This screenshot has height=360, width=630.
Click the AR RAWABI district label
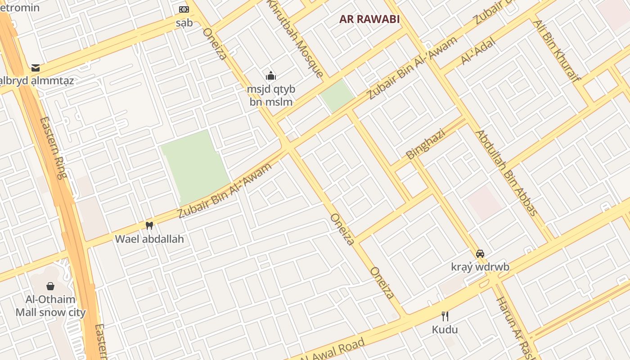[369, 19]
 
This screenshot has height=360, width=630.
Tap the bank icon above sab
[184, 9]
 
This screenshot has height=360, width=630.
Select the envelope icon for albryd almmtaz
[36, 68]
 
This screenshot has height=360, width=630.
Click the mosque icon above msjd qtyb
[270, 75]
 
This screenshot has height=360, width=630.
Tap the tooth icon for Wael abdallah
[149, 225]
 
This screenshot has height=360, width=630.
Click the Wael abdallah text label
[149, 239]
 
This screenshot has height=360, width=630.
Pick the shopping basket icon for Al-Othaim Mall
[50, 286]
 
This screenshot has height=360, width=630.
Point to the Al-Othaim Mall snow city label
[50, 306]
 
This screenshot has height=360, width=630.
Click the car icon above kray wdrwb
[480, 253]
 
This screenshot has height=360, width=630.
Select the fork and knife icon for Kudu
[445, 316]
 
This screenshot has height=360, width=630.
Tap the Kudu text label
[445, 330]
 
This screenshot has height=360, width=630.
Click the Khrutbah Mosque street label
[295, 38]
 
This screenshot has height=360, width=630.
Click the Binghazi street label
[425, 144]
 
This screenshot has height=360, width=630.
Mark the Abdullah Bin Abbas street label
[507, 173]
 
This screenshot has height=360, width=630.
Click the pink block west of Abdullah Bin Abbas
[485, 202]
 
